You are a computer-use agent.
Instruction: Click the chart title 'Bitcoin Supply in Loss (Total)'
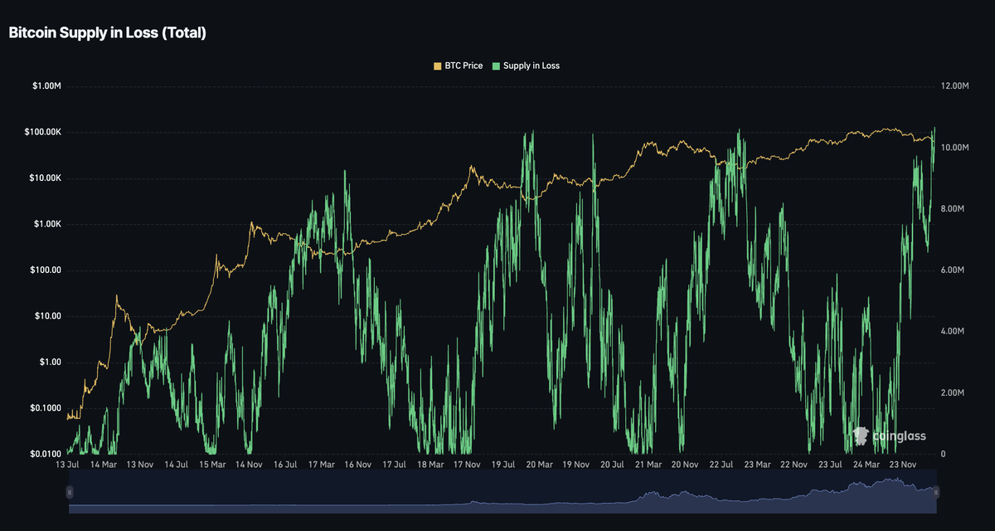[108, 33]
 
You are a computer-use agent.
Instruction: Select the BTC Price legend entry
[458, 66]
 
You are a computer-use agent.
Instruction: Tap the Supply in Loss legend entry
[526, 66]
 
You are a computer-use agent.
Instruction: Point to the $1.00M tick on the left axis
[46, 85]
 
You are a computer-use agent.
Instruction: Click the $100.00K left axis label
[42, 132]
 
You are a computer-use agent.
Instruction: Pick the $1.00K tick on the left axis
[47, 224]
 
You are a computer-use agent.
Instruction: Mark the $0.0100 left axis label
[46, 454]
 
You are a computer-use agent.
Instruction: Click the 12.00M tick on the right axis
[954, 85]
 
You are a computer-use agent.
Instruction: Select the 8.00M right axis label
[953, 208]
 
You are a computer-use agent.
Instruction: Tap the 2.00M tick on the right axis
[953, 392]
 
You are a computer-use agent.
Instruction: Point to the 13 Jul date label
[67, 465]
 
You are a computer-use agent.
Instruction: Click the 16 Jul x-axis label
[285, 465]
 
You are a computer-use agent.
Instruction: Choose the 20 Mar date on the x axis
[539, 465]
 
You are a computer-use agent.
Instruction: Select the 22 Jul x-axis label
[721, 465]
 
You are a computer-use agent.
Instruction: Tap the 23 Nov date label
[903, 465]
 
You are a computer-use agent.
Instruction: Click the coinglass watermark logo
[889, 436]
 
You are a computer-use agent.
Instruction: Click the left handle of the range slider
[70, 492]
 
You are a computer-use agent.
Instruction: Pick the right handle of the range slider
[936, 492]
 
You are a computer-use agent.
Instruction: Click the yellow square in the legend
[438, 66]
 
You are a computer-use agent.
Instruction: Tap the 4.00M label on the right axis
[953, 331]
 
